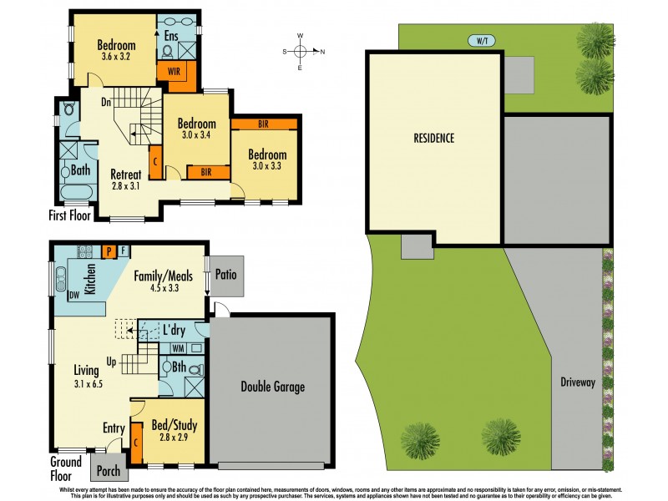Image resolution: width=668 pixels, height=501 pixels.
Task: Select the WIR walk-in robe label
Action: (x=174, y=71)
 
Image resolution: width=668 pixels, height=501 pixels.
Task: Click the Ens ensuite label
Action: (x=170, y=35)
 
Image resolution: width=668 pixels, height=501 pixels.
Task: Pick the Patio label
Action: (x=226, y=273)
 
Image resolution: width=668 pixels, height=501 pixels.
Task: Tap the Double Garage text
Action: (x=271, y=387)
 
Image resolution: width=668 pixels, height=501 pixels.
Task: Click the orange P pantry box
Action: (x=108, y=250)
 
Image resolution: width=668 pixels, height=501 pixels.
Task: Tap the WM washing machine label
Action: (x=177, y=347)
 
